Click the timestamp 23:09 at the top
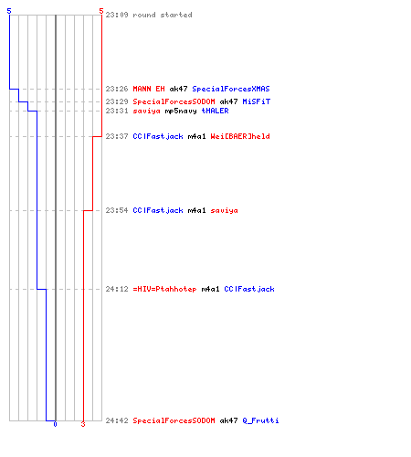click(117, 15)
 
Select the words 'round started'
click(163, 15)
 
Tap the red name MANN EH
click(149, 89)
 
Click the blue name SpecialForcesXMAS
click(231, 89)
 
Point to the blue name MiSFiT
click(257, 101)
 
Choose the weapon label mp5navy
click(181, 111)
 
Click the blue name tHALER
click(216, 111)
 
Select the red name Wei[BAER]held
click(240, 136)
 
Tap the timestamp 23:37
click(117, 136)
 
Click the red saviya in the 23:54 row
click(225, 210)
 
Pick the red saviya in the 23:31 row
click(147, 111)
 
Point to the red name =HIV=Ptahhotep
click(164, 289)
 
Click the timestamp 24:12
click(117, 289)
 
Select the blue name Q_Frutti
click(260, 420)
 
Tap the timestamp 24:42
click(117, 420)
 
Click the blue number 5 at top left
click(9, 11)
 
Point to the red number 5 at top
click(101, 11)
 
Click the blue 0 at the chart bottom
click(55, 424)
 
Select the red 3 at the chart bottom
click(83, 424)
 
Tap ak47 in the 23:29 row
click(229, 101)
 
